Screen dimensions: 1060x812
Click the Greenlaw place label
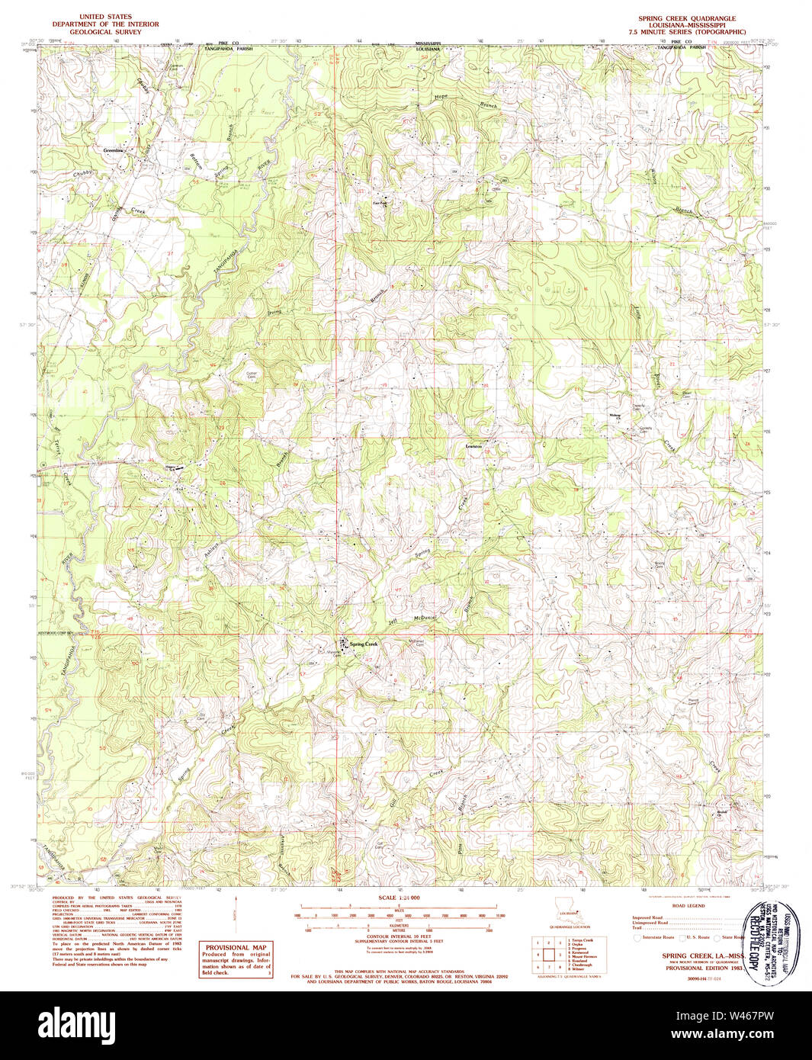(x=114, y=150)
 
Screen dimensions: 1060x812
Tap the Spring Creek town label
(x=363, y=644)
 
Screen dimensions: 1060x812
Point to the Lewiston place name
(x=474, y=445)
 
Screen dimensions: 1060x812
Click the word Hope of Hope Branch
(x=440, y=97)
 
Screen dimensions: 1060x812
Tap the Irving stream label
(x=274, y=312)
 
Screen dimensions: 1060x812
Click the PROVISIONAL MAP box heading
(x=236, y=947)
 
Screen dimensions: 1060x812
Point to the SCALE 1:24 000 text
(x=399, y=899)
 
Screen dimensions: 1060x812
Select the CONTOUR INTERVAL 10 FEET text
(x=398, y=936)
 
